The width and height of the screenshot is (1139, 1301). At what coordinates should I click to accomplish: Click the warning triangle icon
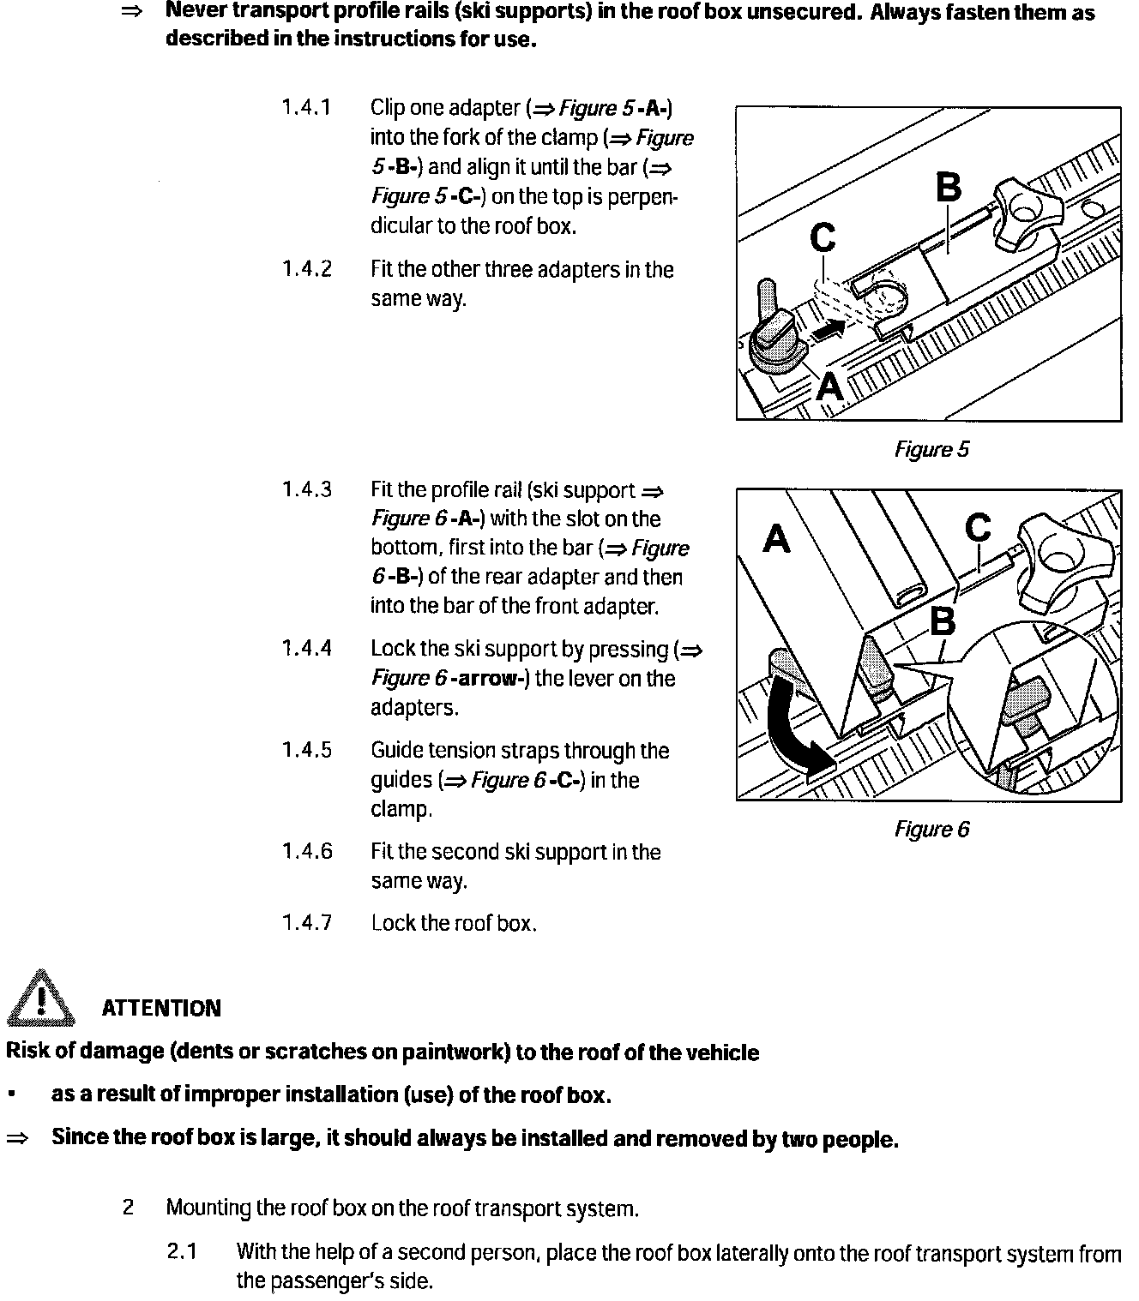(40, 998)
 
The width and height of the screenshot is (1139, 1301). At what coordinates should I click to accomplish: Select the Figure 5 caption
(931, 450)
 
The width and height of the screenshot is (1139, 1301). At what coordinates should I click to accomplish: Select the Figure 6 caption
(931, 830)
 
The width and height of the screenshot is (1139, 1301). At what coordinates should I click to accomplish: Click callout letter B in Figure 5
(948, 188)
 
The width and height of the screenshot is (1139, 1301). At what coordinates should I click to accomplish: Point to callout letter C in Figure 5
(823, 237)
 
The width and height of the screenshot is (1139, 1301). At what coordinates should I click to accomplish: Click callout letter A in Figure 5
(830, 387)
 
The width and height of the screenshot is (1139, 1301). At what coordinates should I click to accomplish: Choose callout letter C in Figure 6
(978, 528)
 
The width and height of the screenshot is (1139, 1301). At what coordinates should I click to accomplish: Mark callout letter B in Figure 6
(943, 621)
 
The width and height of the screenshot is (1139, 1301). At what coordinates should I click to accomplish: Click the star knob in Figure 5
(1025, 210)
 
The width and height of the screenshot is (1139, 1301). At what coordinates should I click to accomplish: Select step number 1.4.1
(306, 109)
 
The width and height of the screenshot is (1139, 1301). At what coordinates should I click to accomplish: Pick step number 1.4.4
(306, 649)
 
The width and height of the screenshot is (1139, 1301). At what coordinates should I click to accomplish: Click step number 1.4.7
(306, 923)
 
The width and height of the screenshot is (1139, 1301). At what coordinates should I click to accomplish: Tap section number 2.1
(182, 1252)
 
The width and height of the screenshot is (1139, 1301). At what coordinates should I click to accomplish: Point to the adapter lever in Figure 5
(772, 330)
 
